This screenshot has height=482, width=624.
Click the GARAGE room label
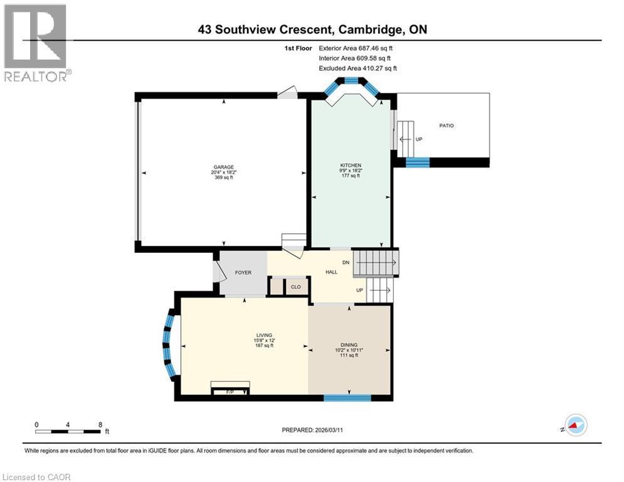click(x=223, y=168)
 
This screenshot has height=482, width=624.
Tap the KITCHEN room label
click(x=351, y=165)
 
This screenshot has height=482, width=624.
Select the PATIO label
click(x=446, y=126)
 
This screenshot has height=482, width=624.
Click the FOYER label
click(x=243, y=273)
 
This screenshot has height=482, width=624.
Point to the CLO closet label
click(x=295, y=287)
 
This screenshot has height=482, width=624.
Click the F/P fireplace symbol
click(x=230, y=391)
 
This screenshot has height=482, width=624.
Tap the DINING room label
click(x=349, y=345)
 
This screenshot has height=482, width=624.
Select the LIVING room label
click(x=263, y=335)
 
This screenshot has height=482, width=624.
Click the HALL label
click(x=331, y=272)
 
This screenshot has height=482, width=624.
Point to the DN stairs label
click(x=346, y=262)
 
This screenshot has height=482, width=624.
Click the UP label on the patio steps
click(x=418, y=139)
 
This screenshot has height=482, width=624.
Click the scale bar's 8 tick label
click(x=100, y=424)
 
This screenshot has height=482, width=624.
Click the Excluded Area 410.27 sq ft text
click(x=357, y=68)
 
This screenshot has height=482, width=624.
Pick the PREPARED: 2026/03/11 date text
click(x=312, y=430)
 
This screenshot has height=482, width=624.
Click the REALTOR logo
click(x=37, y=43)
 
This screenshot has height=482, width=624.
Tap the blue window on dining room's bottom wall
click(x=347, y=397)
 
